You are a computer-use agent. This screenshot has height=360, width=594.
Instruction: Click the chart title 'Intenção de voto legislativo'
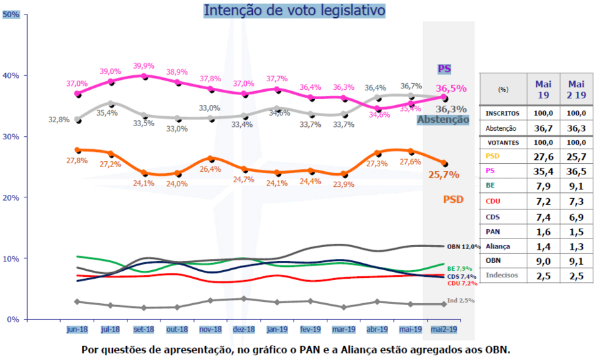point(294,11)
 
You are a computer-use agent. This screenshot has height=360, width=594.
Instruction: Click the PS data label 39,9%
point(144,66)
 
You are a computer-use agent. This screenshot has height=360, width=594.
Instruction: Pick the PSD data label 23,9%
point(343,184)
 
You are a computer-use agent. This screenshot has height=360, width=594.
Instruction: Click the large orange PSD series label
point(453,199)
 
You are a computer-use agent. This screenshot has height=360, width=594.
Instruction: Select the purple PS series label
point(444,69)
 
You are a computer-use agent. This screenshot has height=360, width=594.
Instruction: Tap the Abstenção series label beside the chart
point(443,120)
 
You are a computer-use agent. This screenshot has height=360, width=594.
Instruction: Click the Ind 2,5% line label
point(460,301)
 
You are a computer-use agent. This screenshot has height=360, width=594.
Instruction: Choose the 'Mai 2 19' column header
point(576,89)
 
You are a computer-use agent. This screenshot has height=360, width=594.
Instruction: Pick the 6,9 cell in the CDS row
point(576,217)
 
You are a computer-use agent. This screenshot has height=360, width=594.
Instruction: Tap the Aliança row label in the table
point(497,246)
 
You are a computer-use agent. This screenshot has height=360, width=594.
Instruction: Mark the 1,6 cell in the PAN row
point(543,231)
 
